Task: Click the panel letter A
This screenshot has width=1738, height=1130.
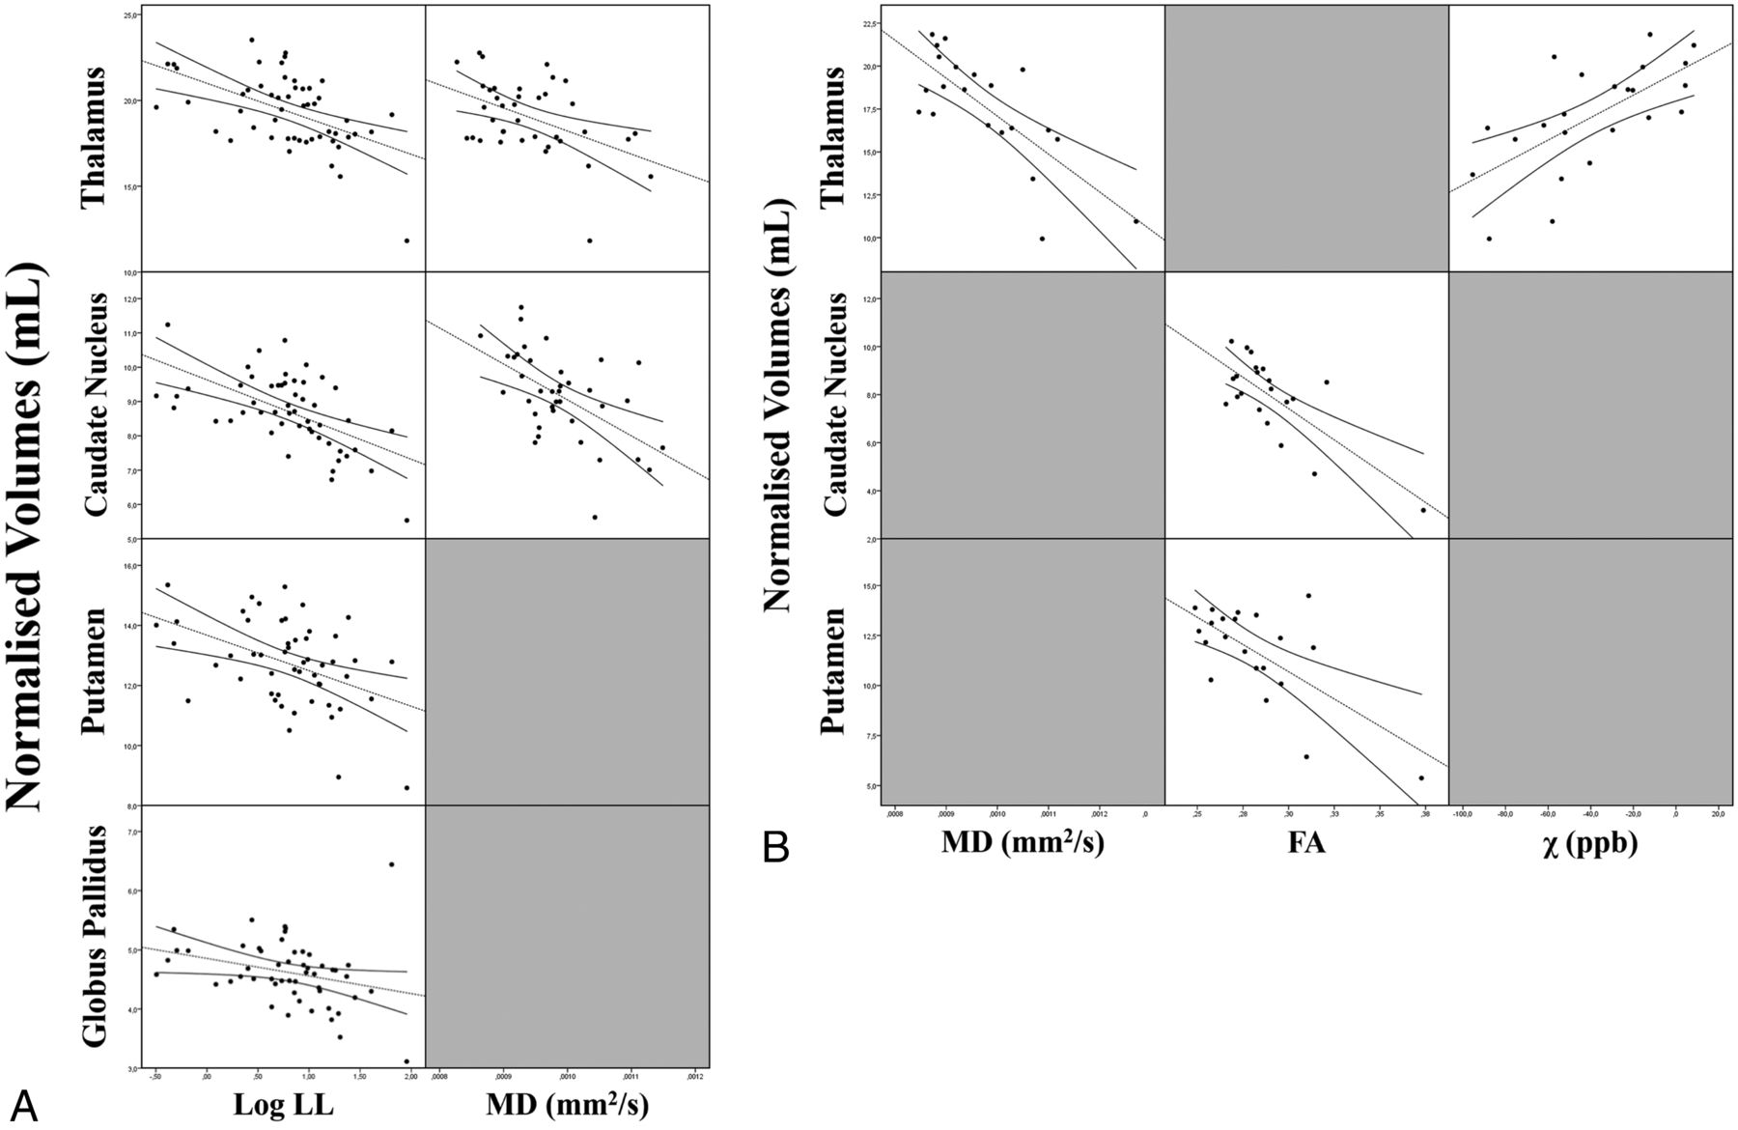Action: point(24,1103)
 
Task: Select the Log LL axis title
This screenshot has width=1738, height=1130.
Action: point(284,1106)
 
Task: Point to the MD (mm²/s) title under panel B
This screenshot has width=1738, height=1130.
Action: point(1023,843)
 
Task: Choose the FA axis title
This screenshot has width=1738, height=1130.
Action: point(1305,843)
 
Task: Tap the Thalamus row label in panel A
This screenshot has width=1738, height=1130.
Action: point(94,136)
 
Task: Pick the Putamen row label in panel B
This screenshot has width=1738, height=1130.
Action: point(832,670)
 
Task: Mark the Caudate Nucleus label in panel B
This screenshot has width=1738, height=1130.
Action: point(832,404)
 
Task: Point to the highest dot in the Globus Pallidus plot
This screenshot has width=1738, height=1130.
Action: point(391,864)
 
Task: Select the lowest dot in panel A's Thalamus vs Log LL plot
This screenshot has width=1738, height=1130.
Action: point(406,240)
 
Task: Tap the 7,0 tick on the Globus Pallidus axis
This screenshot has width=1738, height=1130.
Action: point(132,833)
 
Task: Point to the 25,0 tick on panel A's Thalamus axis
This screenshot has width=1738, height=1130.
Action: point(130,16)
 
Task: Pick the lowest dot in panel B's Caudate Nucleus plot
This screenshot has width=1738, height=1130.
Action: point(1422,510)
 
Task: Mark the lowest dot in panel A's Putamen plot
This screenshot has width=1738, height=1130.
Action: point(406,788)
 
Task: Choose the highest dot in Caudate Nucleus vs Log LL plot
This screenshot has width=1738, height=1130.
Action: point(167,325)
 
